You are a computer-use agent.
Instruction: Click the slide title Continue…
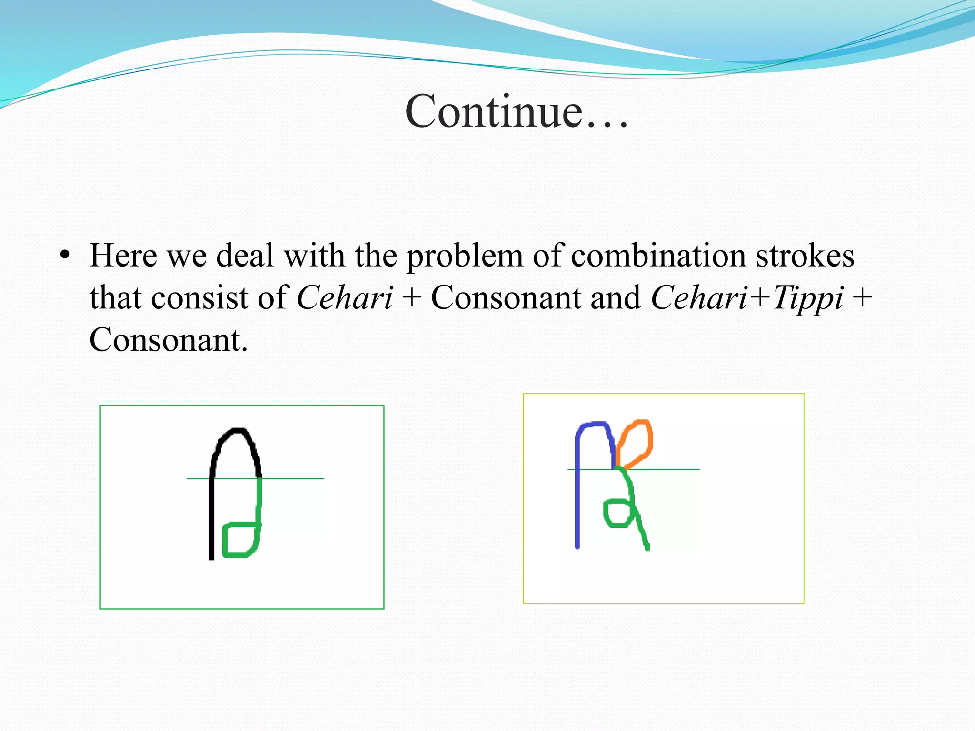(x=517, y=111)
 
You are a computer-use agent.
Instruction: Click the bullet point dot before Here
(x=65, y=255)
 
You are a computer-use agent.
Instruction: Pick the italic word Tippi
(x=807, y=299)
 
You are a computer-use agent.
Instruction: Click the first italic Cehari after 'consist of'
(x=345, y=299)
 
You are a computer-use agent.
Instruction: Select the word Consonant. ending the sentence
(x=169, y=341)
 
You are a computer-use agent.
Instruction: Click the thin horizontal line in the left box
(x=295, y=478)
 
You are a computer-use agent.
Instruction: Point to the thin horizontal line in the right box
(x=671, y=469)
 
